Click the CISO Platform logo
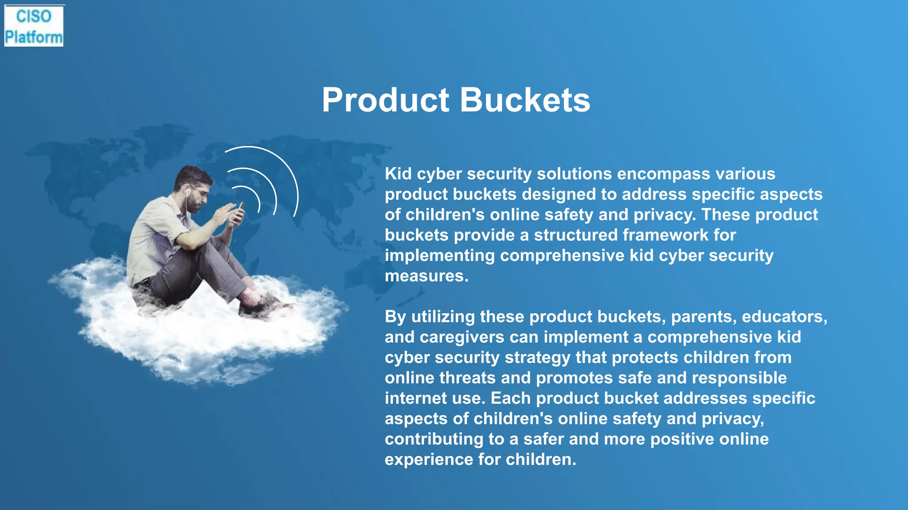(34, 26)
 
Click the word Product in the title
(385, 100)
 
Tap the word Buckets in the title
(525, 100)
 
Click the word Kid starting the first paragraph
(398, 174)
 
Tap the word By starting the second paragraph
(395, 317)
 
